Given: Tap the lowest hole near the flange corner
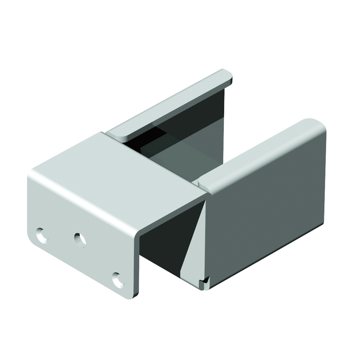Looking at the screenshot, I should pyautogui.click(x=118, y=280).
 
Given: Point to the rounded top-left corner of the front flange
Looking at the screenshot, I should pyautogui.click(x=32, y=175).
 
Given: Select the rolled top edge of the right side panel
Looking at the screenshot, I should pyautogui.click(x=259, y=155).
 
